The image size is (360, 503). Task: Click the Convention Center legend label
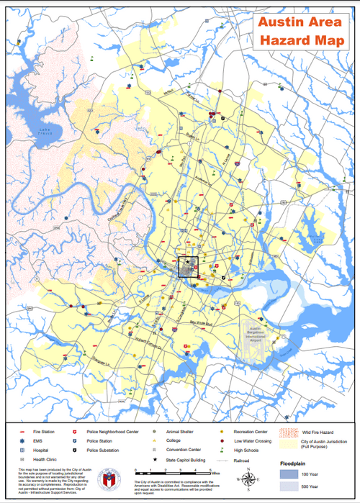click(x=181, y=449)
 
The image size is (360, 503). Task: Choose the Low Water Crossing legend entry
click(x=251, y=440)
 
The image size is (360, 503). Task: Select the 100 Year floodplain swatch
click(x=289, y=476)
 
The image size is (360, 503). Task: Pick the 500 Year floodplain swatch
click(x=289, y=488)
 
